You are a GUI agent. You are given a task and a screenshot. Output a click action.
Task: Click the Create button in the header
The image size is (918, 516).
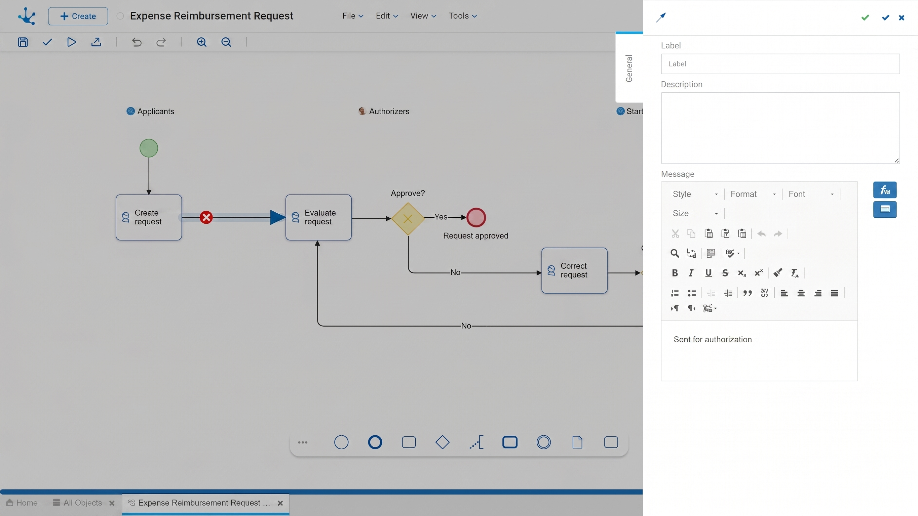pyautogui.click(x=78, y=16)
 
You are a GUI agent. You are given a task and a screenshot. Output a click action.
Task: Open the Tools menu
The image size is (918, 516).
pyautogui.click(x=463, y=16)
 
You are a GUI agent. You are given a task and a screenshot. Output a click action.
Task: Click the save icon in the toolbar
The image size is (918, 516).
pyautogui.click(x=23, y=42)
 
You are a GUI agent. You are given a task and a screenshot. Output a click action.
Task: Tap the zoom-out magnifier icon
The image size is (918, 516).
pyautogui.click(x=226, y=42)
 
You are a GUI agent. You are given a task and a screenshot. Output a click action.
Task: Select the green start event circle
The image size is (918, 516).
pyautogui.click(x=149, y=148)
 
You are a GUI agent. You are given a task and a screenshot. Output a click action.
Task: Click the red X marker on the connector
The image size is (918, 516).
pyautogui.click(x=206, y=217)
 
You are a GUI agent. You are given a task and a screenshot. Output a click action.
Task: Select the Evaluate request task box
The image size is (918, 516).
pyautogui.click(x=318, y=217)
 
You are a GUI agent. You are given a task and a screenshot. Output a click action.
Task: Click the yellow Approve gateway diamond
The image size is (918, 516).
pyautogui.click(x=408, y=219)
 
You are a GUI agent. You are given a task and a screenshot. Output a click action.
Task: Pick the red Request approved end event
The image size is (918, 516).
pyautogui.click(x=476, y=217)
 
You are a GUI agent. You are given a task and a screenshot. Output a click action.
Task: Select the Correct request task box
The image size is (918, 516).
pyautogui.click(x=574, y=270)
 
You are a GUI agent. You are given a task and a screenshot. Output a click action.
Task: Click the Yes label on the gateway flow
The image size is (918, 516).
pyautogui.click(x=441, y=217)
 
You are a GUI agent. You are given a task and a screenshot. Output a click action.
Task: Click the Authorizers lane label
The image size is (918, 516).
pyautogui.click(x=389, y=112)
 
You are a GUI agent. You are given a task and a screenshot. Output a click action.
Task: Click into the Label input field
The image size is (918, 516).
pyautogui.click(x=780, y=64)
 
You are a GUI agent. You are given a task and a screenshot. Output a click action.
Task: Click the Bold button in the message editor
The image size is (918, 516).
pyautogui.click(x=675, y=273)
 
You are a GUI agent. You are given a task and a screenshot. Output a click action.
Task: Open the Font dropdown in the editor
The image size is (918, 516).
pyautogui.click(x=811, y=194)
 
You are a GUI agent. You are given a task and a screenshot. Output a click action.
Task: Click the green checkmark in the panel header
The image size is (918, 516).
pyautogui.click(x=865, y=17)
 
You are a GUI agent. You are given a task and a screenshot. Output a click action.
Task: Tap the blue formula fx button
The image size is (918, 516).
pyautogui.click(x=884, y=190)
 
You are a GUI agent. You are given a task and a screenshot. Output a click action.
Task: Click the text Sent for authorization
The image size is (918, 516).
pyautogui.click(x=713, y=339)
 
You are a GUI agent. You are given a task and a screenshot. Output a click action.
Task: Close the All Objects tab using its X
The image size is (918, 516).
pyautogui.click(x=112, y=503)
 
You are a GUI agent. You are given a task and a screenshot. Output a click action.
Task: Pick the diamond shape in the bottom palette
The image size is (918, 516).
pyautogui.click(x=442, y=442)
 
